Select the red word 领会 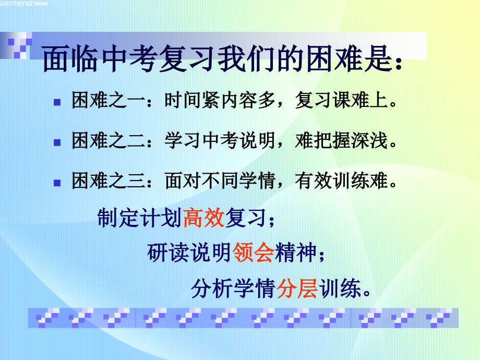(254, 253)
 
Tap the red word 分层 (297, 288)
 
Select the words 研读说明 (189, 253)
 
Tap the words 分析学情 (233, 288)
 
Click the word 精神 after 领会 (296, 253)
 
